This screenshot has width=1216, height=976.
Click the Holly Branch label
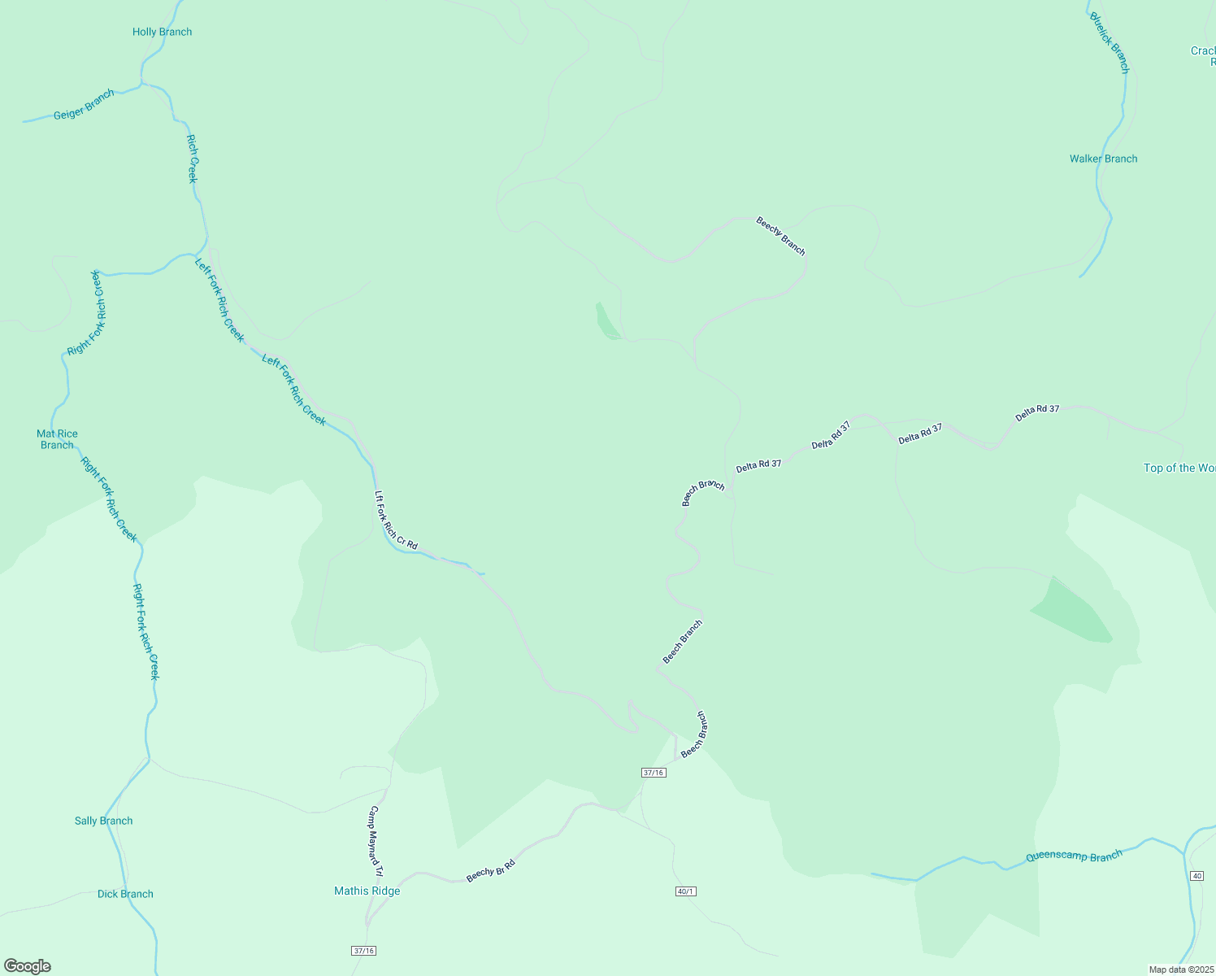pyautogui.click(x=163, y=33)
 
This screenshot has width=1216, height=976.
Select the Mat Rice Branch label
pyautogui.click(x=57, y=439)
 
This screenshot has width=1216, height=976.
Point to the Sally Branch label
pyautogui.click(x=103, y=821)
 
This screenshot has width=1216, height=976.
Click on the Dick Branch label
pyautogui.click(x=125, y=894)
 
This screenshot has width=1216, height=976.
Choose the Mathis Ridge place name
pyautogui.click(x=367, y=891)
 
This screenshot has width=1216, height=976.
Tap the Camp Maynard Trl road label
pyautogui.click(x=376, y=839)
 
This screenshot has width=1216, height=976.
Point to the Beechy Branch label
pyautogui.click(x=780, y=236)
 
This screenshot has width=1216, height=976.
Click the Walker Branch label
pyautogui.click(x=1103, y=159)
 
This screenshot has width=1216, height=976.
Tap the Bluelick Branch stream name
pyautogui.click(x=1110, y=42)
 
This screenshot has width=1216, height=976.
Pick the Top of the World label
pyautogui.click(x=1179, y=468)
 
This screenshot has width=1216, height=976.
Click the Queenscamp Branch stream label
pyautogui.click(x=1074, y=856)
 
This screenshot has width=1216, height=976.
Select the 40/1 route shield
pyautogui.click(x=685, y=891)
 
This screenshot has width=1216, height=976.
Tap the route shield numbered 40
pyautogui.click(x=1196, y=875)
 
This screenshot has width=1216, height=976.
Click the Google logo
pyautogui.click(x=28, y=966)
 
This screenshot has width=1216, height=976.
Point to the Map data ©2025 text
pyautogui.click(x=1181, y=969)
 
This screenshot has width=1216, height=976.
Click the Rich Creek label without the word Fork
pyautogui.click(x=193, y=159)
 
